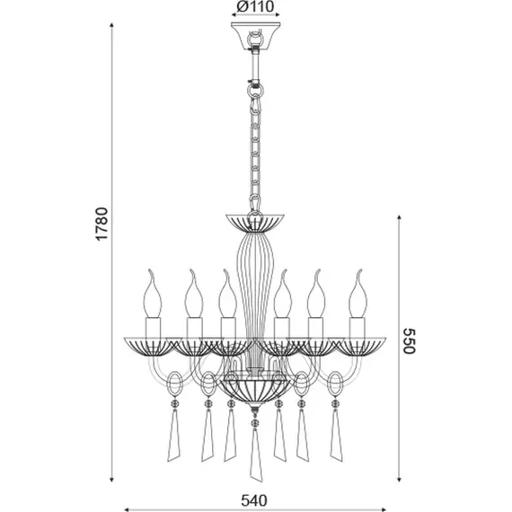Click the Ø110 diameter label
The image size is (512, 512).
pos(255,6)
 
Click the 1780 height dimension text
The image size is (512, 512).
pos(102,224)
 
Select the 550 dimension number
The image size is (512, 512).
pos(409,341)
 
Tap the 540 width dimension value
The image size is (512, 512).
pos(254,500)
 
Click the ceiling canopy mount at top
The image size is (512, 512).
pos(256,36)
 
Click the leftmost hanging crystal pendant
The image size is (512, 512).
pos(174,434)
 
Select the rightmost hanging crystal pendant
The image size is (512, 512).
pos(336,434)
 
